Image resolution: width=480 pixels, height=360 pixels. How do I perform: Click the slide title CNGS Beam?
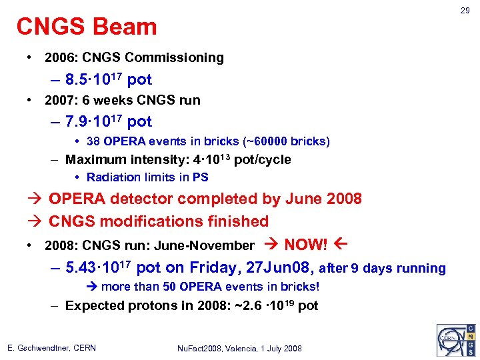pyautogui.click(x=87, y=27)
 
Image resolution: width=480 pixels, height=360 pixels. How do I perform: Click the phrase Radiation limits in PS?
pyautogui.click(x=147, y=177)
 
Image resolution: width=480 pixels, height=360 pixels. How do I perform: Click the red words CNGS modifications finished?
pyautogui.click(x=159, y=221)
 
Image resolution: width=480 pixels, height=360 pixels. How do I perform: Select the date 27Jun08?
pyautogui.click(x=280, y=268)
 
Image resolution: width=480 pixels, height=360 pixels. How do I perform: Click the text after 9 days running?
pyautogui.click(x=383, y=269)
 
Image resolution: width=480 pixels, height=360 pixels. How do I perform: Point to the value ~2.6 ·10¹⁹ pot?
pyautogui.click(x=273, y=305)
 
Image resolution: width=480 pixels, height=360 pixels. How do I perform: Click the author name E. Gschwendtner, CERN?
pyautogui.click(x=52, y=348)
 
